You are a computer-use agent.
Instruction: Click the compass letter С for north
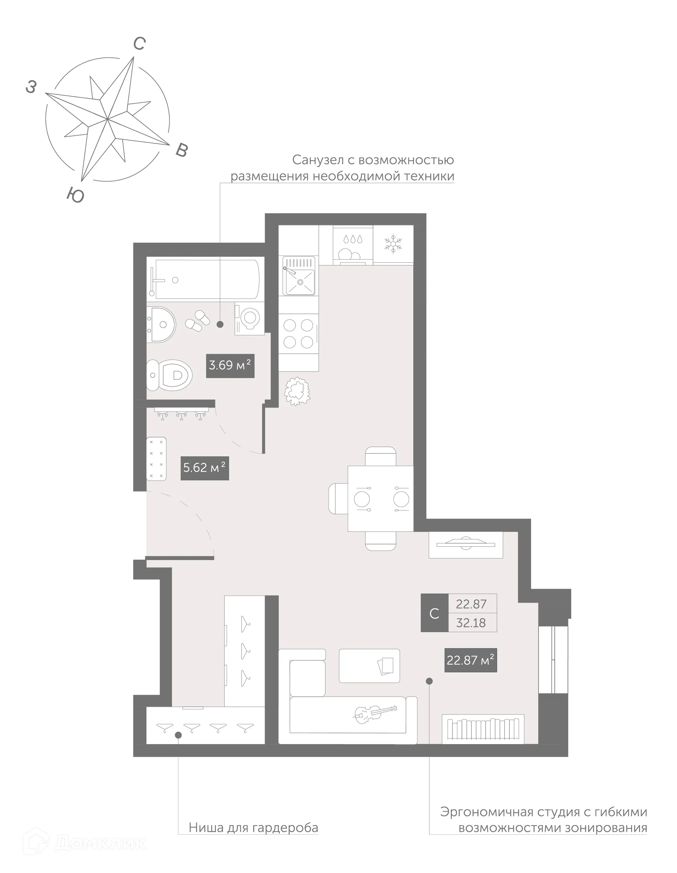tap(139, 44)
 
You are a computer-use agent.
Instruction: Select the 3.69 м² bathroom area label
tap(230, 365)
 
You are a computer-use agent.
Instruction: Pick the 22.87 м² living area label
tap(470, 660)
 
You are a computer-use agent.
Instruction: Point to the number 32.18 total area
tap(471, 623)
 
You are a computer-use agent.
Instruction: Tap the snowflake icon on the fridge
tap(393, 244)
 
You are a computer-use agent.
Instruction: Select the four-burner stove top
tap(299, 334)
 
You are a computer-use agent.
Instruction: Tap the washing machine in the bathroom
tap(249, 318)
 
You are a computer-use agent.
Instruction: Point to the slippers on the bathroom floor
tap(197, 320)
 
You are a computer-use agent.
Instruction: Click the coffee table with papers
tap(369, 665)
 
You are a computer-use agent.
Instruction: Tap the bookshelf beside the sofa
tap(483, 729)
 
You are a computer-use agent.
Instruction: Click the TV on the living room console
tap(466, 544)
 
